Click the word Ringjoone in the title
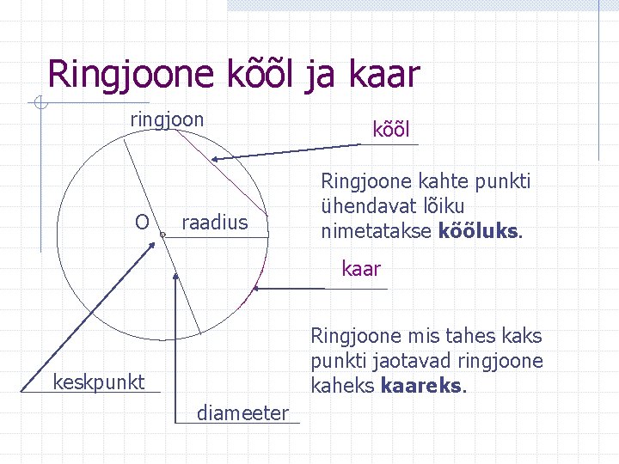127,75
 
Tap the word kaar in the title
385,75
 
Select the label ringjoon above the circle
167,119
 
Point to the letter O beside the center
143,223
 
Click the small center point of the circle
162,233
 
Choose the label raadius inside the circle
214,223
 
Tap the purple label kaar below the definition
361,269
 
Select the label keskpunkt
99,382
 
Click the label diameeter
243,413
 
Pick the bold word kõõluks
479,231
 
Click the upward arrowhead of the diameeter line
175,278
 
